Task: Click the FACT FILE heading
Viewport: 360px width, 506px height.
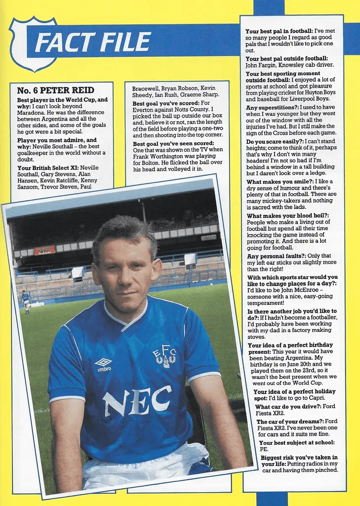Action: click(x=92, y=42)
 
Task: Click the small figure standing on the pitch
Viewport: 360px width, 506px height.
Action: click(x=25, y=301)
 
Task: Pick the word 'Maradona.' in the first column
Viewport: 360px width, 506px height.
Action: click(x=34, y=113)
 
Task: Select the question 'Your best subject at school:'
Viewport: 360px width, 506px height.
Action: click(x=296, y=443)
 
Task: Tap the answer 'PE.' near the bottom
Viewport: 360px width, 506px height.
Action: click(x=264, y=450)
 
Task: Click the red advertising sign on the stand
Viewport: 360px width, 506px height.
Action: click(x=44, y=251)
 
